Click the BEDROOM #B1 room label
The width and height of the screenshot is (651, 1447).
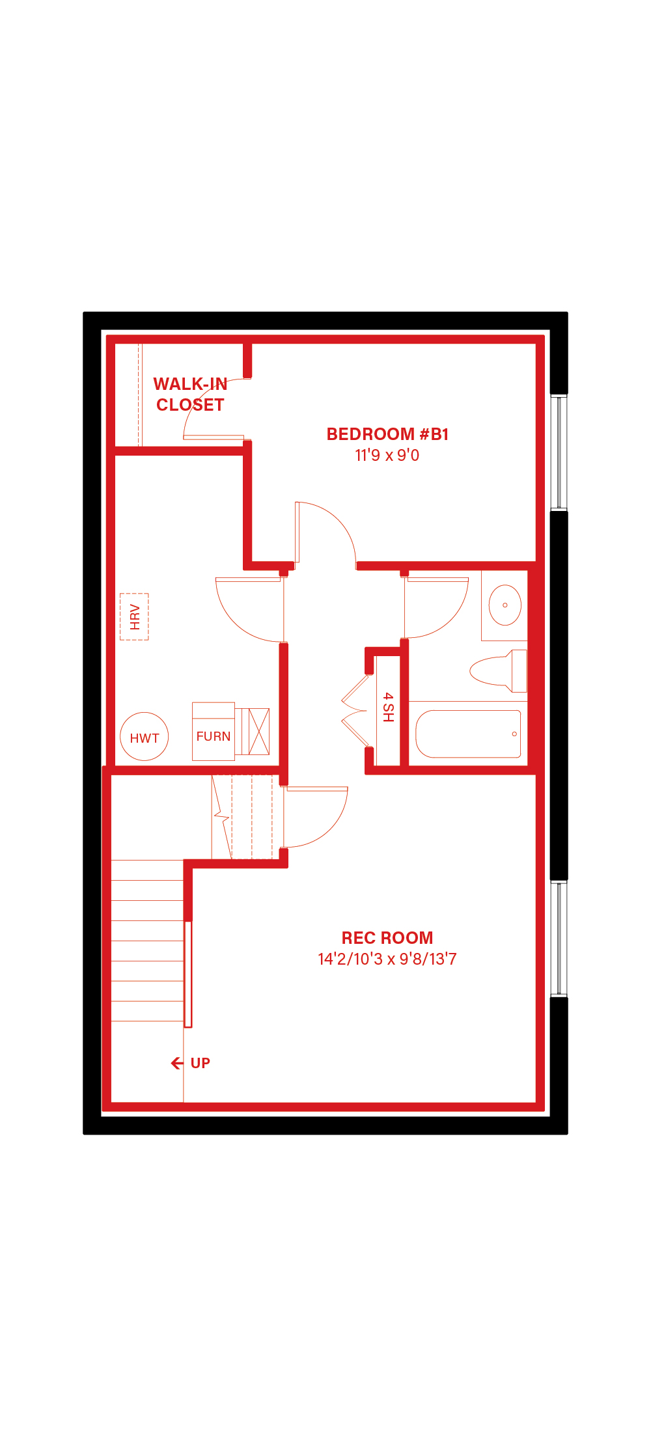tap(387, 434)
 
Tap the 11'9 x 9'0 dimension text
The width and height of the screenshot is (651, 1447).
tap(387, 455)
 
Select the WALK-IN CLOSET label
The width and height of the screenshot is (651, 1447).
tap(190, 394)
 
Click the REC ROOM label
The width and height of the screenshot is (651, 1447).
tap(387, 938)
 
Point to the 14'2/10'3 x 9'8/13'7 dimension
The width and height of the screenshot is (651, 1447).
tap(387, 959)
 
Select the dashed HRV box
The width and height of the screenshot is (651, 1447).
tap(134, 616)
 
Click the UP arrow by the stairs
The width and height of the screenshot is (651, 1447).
tap(176, 1063)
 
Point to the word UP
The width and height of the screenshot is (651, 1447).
tap(201, 1063)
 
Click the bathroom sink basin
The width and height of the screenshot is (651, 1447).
tap(505, 605)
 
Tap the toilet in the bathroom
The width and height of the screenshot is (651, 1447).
tap(499, 670)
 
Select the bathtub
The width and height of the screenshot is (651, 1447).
tap(468, 734)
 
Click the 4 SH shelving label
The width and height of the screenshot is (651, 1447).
tap(388, 707)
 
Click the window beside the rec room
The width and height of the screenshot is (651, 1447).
tap(559, 938)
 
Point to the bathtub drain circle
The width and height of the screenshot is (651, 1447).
tap(514, 734)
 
